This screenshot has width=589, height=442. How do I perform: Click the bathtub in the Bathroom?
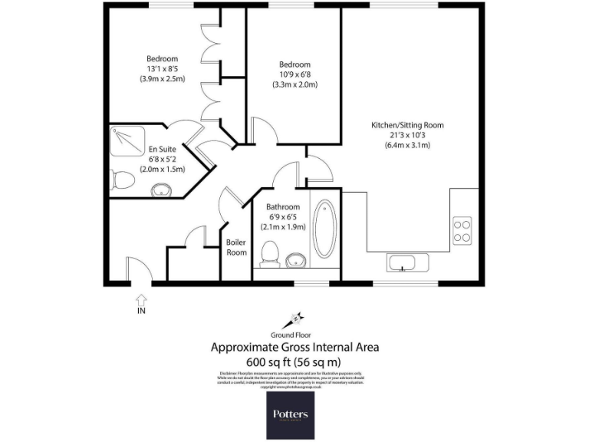(324, 228)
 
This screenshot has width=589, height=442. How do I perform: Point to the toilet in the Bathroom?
(268, 254)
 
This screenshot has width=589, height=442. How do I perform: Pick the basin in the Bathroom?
(295, 260)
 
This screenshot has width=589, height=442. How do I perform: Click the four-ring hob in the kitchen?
(462, 231)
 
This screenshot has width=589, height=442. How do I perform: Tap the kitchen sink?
(402, 263)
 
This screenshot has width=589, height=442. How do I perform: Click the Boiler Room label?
(236, 247)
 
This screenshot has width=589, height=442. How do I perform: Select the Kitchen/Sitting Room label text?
(407, 125)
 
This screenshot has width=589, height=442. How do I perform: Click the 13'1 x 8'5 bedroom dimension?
(162, 69)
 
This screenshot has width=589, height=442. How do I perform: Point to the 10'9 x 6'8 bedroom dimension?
(294, 74)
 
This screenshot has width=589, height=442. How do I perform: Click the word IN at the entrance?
(140, 311)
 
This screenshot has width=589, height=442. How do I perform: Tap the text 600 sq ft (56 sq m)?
(294, 361)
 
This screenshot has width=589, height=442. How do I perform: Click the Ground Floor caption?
(294, 335)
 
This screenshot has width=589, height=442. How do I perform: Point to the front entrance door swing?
(135, 270)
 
